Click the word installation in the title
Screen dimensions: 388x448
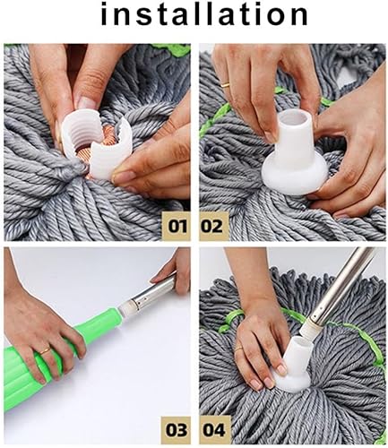[x=204, y=15]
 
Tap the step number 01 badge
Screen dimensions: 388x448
[x=177, y=227]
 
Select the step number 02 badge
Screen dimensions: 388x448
[x=212, y=227]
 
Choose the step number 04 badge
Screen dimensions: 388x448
[x=214, y=430]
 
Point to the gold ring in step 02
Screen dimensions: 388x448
[x=226, y=85]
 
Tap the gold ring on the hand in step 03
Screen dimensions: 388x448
[x=45, y=351]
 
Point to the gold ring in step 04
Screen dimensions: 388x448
[x=238, y=349]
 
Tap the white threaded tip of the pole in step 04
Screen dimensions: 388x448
[x=307, y=331]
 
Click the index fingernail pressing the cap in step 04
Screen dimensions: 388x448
[x=281, y=369]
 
